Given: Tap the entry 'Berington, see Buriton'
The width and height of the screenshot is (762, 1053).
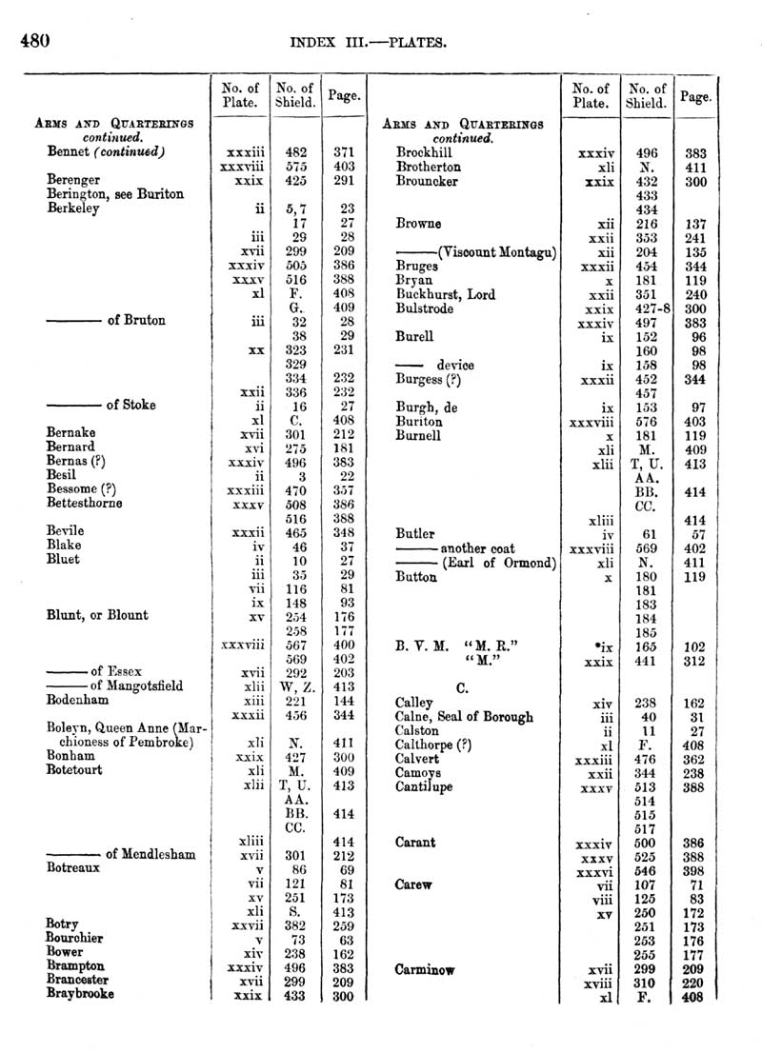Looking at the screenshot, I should click(x=114, y=193).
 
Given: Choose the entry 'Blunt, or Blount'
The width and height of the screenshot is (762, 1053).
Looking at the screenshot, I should click(x=97, y=615).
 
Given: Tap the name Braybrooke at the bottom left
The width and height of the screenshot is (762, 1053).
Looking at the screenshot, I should click(x=80, y=993).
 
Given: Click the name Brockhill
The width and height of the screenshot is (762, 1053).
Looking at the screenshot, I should click(x=425, y=151).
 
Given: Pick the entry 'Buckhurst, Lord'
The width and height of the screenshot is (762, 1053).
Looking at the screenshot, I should click(x=445, y=295).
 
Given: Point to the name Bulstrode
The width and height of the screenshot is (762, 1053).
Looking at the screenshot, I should click(x=425, y=308).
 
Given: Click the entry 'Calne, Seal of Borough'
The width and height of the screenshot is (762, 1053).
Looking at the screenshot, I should click(x=464, y=717).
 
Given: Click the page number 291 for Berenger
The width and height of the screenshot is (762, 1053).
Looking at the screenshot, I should click(x=345, y=179).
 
